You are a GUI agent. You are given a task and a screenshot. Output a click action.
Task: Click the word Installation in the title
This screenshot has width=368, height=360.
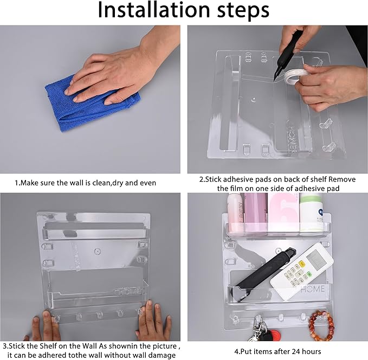(x=153, y=10)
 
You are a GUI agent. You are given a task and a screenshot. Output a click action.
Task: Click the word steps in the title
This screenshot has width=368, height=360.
(x=243, y=11)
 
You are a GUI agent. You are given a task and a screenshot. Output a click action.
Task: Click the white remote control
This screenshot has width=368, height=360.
(x=302, y=271)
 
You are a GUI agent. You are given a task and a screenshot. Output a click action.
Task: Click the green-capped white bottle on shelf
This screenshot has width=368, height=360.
(x=311, y=212)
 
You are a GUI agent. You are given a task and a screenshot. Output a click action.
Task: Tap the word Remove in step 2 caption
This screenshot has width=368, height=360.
(x=342, y=179)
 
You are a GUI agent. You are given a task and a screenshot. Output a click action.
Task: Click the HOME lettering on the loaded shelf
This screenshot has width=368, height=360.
(x=313, y=289)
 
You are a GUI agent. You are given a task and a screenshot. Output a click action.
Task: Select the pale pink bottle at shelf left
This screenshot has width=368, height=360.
(x=236, y=211)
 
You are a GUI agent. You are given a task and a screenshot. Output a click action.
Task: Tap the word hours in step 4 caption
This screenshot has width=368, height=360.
(x=312, y=351)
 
